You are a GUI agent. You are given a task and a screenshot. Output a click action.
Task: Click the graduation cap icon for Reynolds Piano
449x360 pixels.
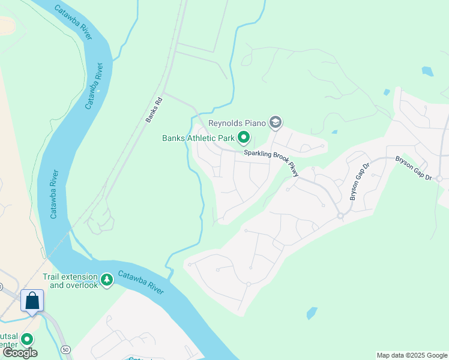click(276, 123)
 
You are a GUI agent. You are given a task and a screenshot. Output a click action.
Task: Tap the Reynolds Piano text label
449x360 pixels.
click(237, 123)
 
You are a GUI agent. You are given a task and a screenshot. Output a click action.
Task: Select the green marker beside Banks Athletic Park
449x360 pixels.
click(244, 138)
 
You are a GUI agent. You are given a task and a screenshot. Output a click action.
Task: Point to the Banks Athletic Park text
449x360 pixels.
click(198, 138)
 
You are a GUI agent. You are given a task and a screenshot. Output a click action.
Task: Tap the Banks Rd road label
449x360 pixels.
click(154, 110)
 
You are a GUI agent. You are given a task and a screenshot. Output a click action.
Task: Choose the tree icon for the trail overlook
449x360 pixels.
click(107, 280)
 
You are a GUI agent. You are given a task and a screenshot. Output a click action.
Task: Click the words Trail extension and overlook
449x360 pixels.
click(70, 281)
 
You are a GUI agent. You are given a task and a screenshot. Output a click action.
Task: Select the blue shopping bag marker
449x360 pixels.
click(32, 300)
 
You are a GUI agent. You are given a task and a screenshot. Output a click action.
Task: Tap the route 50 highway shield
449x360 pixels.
click(64, 349)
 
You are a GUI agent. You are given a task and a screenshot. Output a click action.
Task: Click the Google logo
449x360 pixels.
click(20, 353)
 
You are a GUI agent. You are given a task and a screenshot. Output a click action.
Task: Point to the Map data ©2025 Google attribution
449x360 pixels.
click(411, 355)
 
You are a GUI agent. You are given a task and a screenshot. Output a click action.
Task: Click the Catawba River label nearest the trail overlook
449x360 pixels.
click(140, 282)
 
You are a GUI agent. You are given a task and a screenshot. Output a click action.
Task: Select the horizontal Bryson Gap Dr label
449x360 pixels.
click(414, 169)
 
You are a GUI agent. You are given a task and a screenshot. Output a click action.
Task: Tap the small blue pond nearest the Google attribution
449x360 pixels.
click(312, 313)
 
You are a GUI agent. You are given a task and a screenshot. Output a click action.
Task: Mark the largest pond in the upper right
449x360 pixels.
click(427, 71)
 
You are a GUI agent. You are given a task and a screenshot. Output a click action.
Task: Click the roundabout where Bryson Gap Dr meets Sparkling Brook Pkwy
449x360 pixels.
click(340, 215)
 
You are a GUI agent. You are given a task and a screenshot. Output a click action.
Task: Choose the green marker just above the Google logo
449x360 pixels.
click(26, 339)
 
